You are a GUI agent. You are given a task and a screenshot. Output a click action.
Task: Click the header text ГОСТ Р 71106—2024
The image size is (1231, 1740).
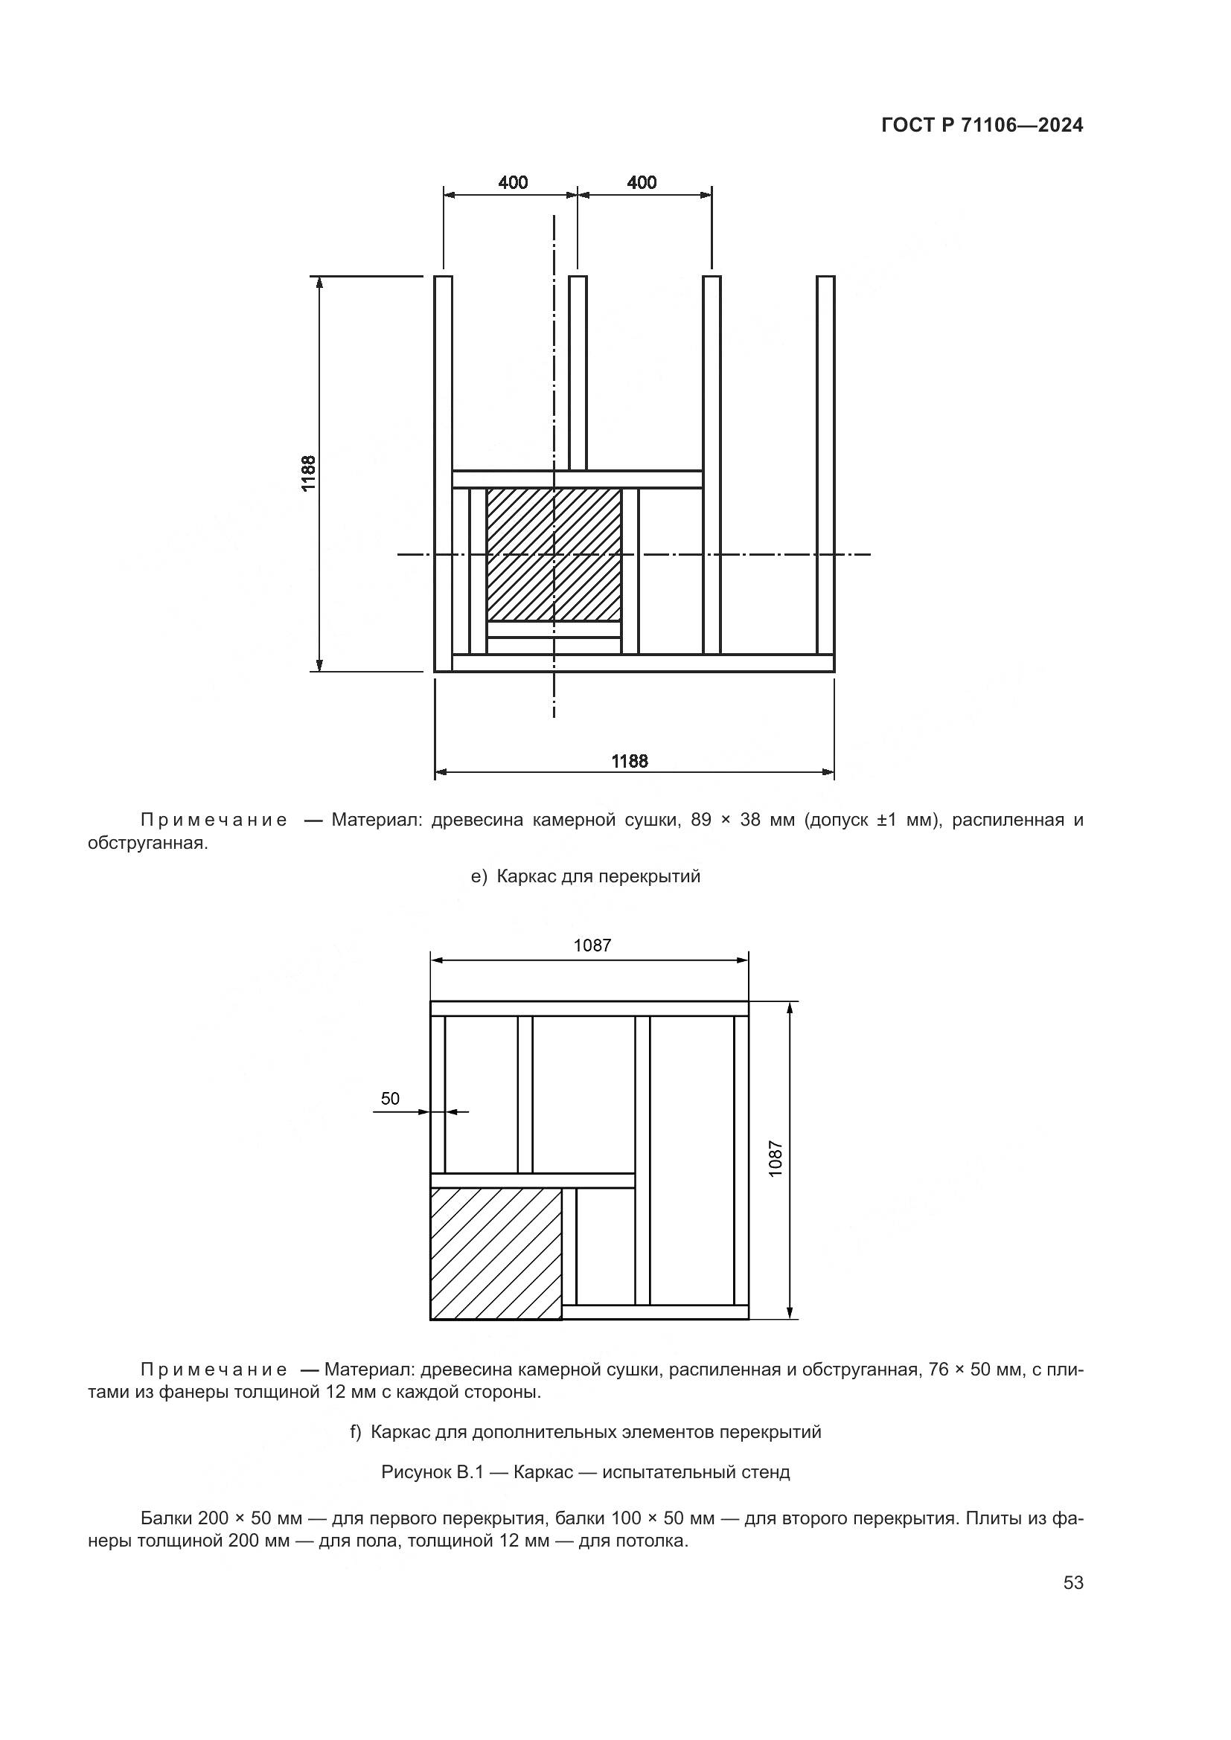pos(982,126)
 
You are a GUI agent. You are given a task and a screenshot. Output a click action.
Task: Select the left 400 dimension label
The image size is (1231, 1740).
pos(514,183)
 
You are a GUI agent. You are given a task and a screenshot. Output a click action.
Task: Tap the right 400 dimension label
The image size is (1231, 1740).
pos(642,183)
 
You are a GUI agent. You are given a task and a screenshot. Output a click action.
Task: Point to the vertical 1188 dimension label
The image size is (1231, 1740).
pos(309,473)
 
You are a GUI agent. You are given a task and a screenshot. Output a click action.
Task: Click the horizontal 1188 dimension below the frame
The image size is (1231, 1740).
pos(630,761)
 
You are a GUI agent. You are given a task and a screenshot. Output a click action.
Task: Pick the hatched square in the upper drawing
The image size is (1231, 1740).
pos(553,555)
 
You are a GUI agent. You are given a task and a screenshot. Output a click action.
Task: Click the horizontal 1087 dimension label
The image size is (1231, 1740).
pos(592,945)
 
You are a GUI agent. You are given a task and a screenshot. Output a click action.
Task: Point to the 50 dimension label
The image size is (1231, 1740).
pos(389,1099)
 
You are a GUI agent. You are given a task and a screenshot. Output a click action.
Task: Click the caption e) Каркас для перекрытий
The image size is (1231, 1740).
pos(585,877)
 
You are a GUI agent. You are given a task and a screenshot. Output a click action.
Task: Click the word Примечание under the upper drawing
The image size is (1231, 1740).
pos(214,820)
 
